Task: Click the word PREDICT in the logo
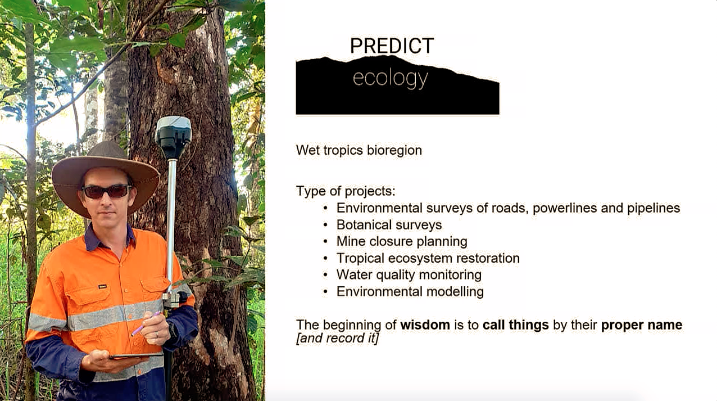392,46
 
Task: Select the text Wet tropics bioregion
359,150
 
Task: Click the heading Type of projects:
346,191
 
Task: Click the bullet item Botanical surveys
389,225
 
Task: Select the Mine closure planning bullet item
402,241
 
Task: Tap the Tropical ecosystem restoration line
428,258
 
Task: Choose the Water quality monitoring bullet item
409,275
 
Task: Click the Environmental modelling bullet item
410,291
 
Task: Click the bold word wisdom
425,325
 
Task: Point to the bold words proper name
642,325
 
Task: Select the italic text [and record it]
337,339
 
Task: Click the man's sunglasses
107,191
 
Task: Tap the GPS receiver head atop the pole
174,137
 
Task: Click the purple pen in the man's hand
146,323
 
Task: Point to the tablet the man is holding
136,355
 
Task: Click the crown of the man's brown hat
105,150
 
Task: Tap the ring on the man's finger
157,335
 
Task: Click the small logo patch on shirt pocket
102,286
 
